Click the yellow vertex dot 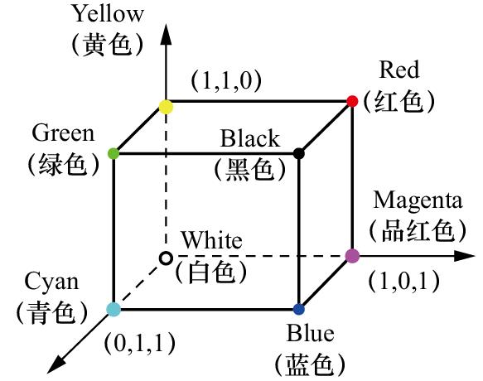(x=166, y=107)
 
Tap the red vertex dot (x=352, y=101)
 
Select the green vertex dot (x=114, y=153)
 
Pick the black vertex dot (x=298, y=153)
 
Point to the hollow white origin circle (x=166, y=258)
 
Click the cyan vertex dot (x=114, y=309)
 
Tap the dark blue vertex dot (x=298, y=309)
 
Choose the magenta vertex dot (x=352, y=256)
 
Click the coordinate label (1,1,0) (x=226, y=80)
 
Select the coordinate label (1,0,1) (x=404, y=282)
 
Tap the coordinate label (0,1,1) (x=140, y=343)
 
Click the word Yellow (x=109, y=14)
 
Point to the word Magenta (x=418, y=200)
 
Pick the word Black (x=250, y=138)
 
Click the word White (x=211, y=240)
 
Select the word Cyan (x=51, y=282)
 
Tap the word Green (x=63, y=133)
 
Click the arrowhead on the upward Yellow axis (x=166, y=34)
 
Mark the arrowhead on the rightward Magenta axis (x=463, y=256)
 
